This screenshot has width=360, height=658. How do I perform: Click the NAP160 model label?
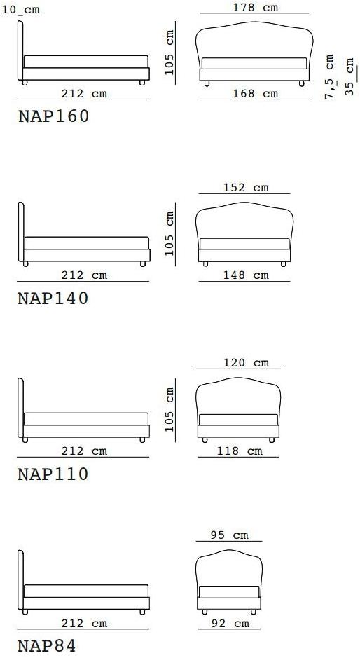pyautogui.click(x=53, y=116)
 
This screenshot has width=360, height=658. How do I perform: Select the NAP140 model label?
pyautogui.click(x=53, y=298)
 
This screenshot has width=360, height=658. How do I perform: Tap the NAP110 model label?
pyautogui.click(x=53, y=474)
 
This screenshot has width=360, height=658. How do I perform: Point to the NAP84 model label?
pyautogui.click(x=47, y=645)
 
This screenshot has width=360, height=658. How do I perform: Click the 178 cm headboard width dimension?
pyautogui.click(x=256, y=7)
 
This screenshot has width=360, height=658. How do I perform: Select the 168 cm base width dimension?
pyautogui.click(x=256, y=93)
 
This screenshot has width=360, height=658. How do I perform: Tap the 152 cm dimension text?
pyautogui.click(x=246, y=187)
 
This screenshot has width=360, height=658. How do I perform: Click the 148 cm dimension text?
pyautogui.click(x=246, y=275)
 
